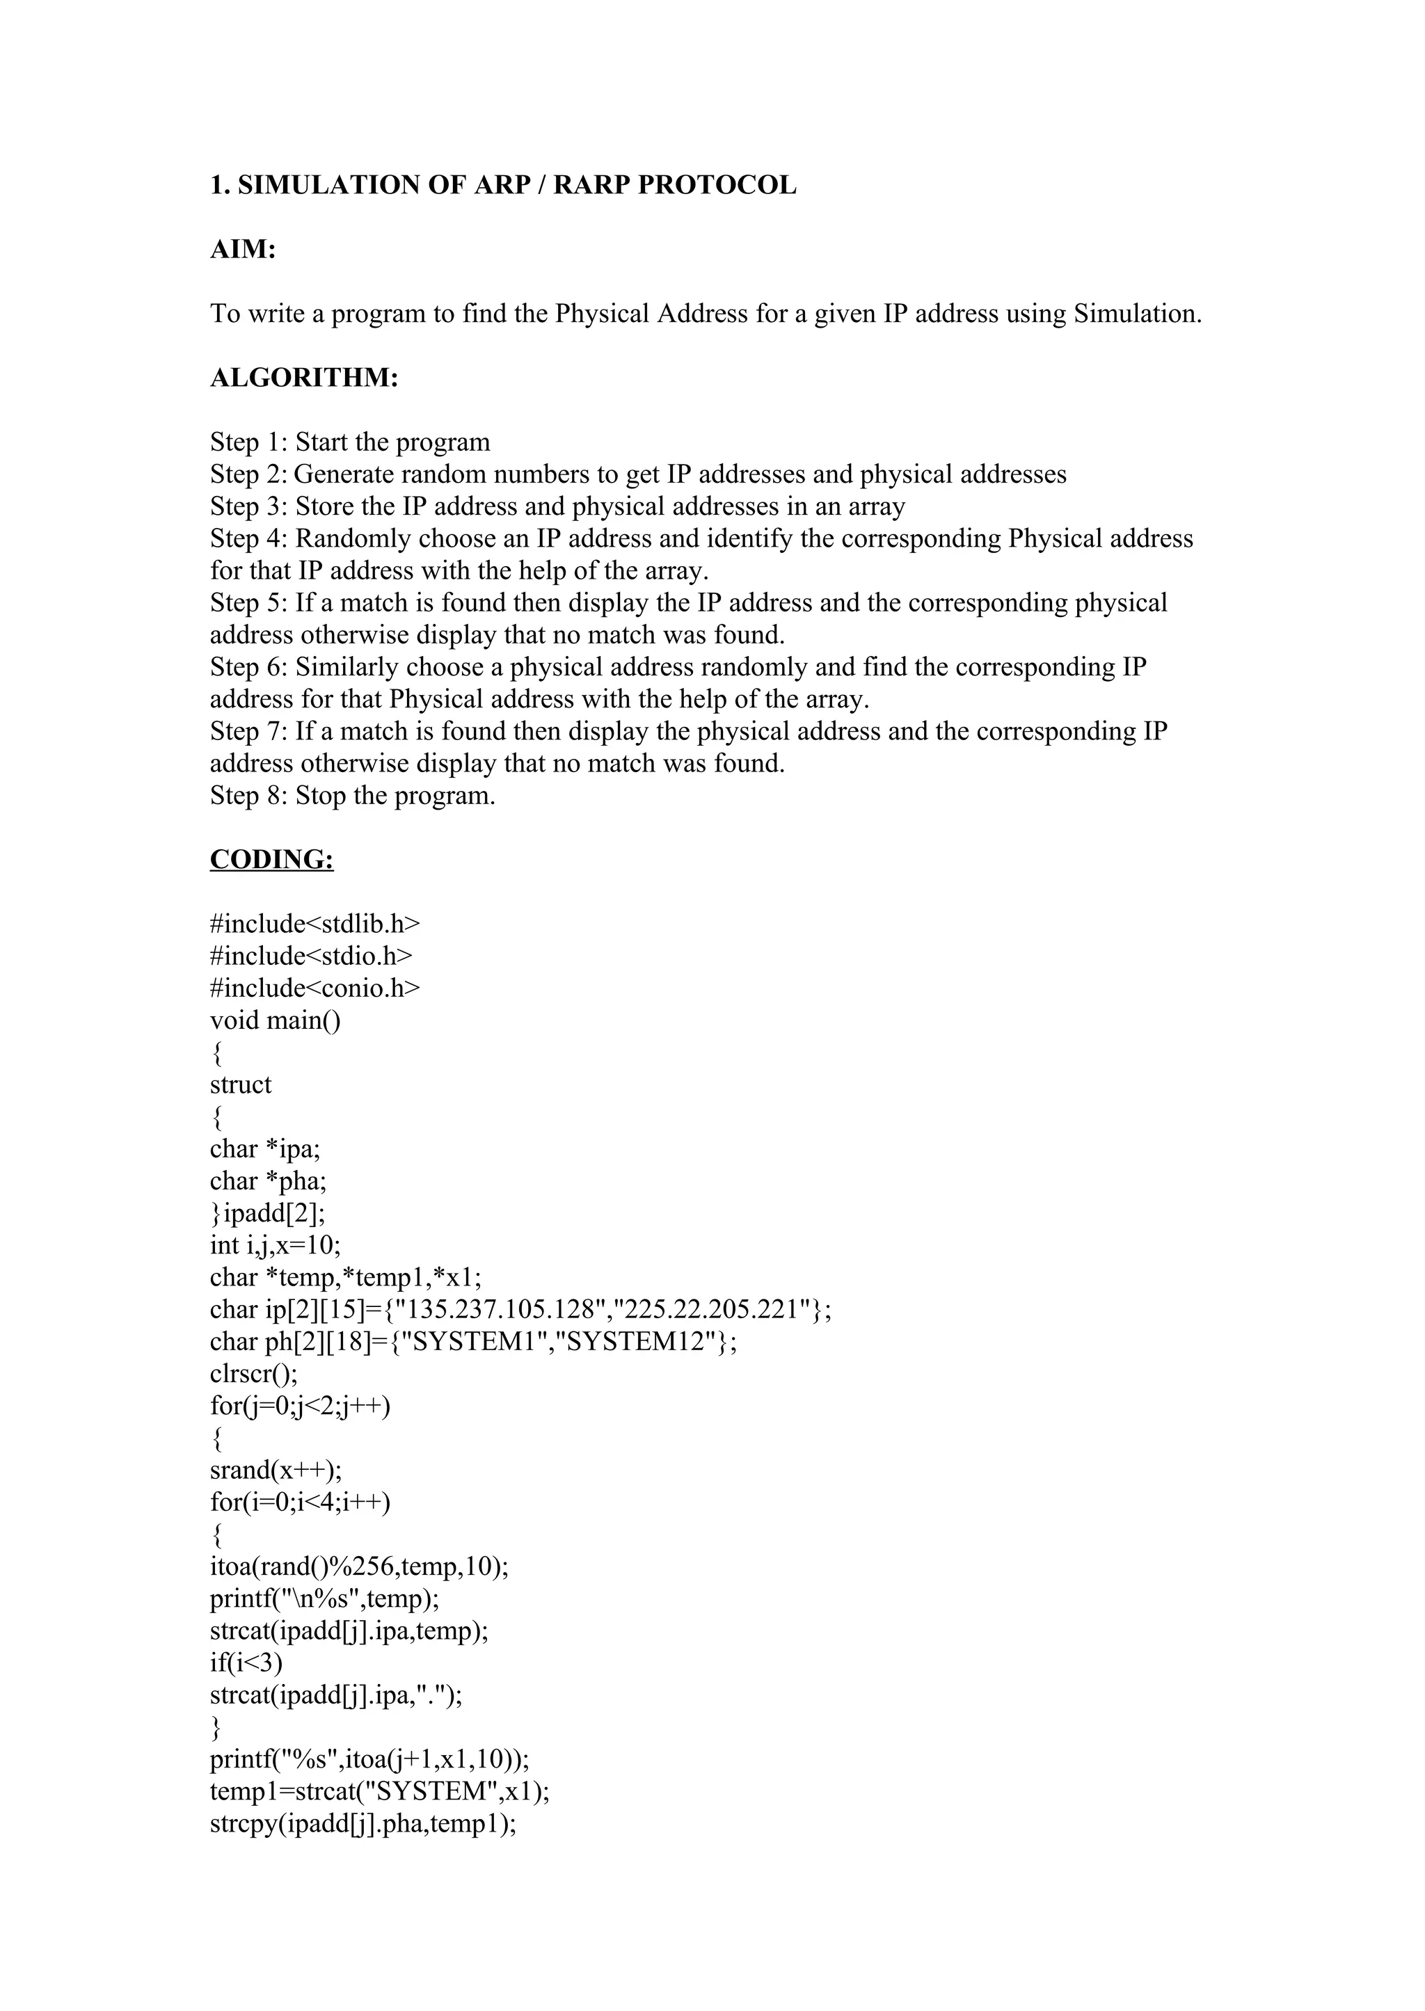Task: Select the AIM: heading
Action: click(243, 250)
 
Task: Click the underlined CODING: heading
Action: click(271, 860)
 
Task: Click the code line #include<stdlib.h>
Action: click(315, 924)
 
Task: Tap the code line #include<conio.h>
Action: click(315, 988)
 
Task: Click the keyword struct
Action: click(241, 1085)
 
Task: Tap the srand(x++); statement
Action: click(276, 1470)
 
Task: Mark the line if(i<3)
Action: click(246, 1663)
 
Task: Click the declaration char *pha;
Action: click(268, 1181)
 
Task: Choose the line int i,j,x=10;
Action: click(275, 1245)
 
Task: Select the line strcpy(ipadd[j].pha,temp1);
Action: click(363, 1823)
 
